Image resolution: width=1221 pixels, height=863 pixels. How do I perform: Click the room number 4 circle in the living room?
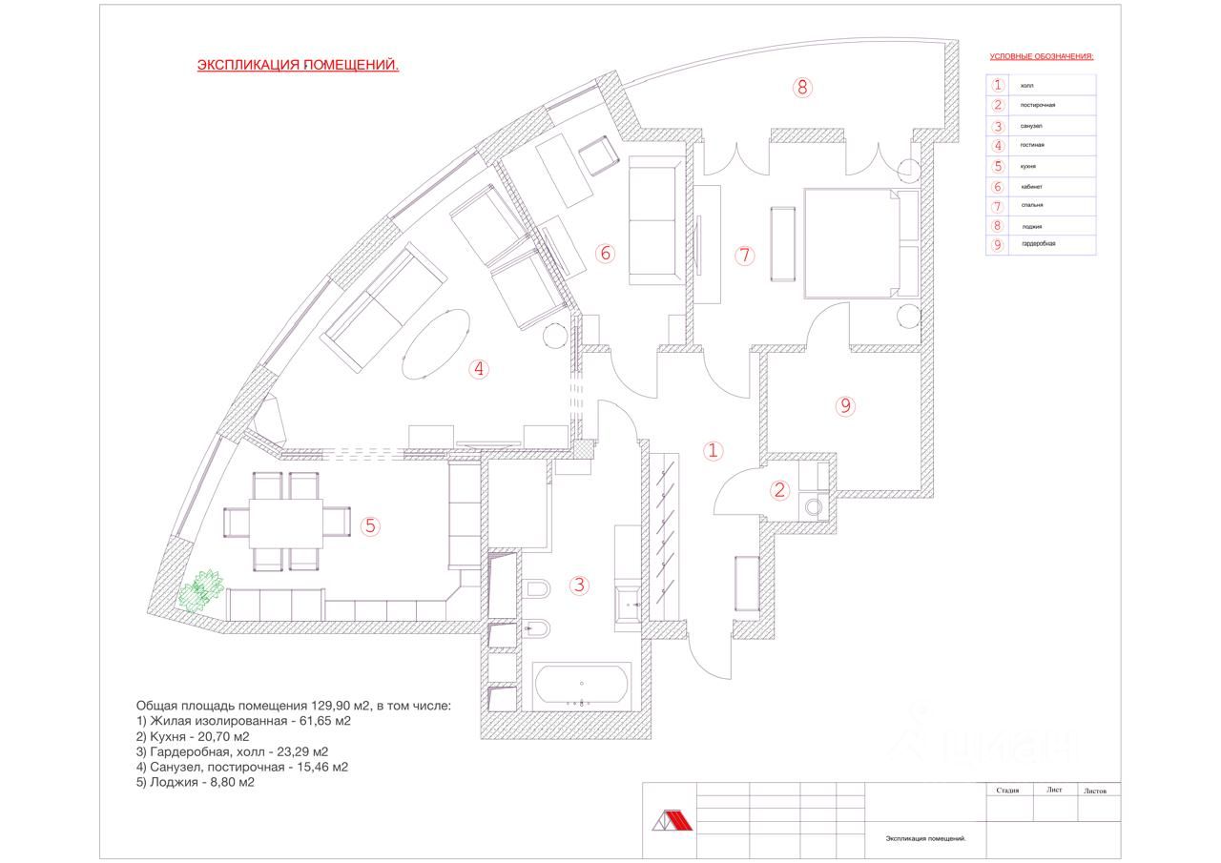click(480, 369)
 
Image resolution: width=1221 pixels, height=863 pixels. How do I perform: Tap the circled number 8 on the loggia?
click(802, 88)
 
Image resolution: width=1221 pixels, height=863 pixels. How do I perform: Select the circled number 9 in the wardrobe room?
click(844, 406)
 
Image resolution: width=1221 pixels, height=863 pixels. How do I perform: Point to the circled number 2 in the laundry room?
click(780, 490)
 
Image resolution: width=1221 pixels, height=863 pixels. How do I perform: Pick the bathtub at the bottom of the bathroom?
click(581, 686)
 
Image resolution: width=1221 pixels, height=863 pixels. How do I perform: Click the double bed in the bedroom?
click(852, 243)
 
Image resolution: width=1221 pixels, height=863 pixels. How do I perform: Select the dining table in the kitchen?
click(285, 523)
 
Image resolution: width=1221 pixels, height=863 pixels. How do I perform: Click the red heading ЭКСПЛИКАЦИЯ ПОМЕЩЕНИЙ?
click(298, 66)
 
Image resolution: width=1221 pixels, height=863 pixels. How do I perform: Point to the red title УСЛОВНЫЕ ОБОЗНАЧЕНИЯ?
click(1042, 56)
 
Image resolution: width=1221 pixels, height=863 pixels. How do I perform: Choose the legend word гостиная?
click(1032, 145)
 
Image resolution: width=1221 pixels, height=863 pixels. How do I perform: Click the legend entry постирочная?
click(1038, 105)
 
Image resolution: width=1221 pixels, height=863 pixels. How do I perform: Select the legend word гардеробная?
click(1038, 244)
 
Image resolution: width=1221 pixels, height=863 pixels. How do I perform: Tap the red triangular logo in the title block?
click(667, 821)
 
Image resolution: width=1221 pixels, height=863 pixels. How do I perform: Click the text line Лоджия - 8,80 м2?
click(196, 782)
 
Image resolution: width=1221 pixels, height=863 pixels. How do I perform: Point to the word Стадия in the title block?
click(1007, 791)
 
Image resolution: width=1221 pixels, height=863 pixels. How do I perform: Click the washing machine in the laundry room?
click(815, 507)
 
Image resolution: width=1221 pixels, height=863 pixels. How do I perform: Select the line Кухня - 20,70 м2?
click(193, 736)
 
